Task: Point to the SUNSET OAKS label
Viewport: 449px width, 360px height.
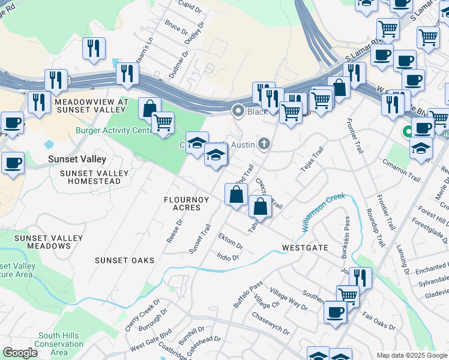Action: [124, 260]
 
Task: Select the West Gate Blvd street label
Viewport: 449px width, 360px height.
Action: [151, 340]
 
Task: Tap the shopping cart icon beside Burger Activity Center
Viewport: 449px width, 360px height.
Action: [163, 123]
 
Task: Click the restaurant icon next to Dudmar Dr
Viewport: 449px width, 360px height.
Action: [127, 74]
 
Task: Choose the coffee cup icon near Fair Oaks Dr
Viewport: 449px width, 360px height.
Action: [335, 312]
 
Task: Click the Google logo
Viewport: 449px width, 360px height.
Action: [20, 353]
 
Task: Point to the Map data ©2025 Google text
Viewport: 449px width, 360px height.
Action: [411, 355]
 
